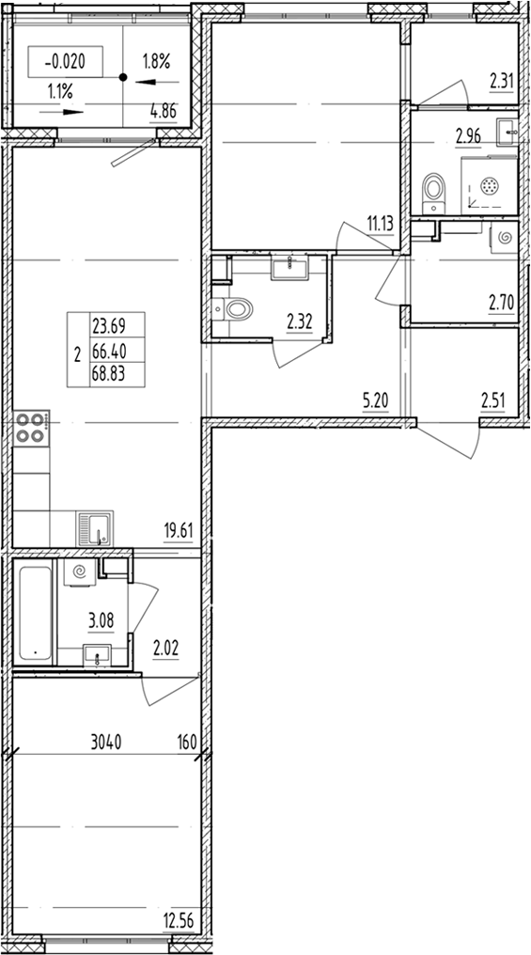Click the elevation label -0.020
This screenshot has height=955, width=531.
[66, 62]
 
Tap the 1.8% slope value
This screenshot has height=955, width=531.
[156, 62]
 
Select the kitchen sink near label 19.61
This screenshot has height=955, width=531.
[95, 528]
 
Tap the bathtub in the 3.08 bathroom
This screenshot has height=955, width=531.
[35, 612]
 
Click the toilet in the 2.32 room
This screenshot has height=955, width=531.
[235, 306]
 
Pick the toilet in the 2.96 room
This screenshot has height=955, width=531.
[434, 189]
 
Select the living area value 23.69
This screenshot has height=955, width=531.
[109, 327]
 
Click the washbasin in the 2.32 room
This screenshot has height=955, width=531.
[288, 268]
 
